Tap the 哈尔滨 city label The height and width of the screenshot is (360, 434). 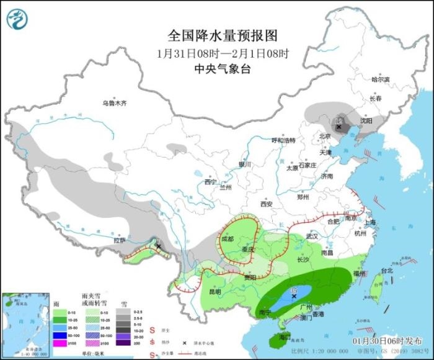381,79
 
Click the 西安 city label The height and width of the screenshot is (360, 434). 267,204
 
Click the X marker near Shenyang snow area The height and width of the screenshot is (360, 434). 339,127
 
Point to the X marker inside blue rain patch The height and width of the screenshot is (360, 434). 294,296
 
